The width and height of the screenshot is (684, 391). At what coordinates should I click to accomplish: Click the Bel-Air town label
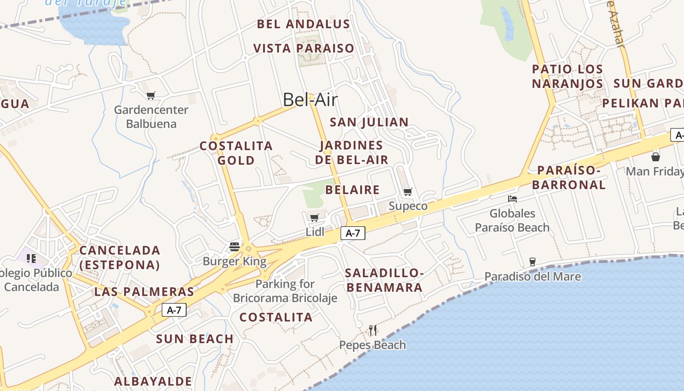(x=310, y=100)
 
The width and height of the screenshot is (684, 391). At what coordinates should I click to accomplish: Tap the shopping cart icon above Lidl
(x=314, y=217)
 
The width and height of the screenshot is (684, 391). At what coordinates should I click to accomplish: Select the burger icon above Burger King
(x=235, y=246)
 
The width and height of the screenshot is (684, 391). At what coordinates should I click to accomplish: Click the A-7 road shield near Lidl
(x=353, y=233)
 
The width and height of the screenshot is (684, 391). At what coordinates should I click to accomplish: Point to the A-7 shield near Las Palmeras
(x=174, y=309)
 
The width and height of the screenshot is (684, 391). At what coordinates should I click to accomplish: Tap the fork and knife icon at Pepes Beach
(x=373, y=330)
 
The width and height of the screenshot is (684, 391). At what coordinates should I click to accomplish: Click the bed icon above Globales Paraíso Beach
(x=512, y=198)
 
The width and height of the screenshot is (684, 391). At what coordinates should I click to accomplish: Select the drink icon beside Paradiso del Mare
(x=533, y=262)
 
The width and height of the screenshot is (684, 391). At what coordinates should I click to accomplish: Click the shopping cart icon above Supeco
(x=407, y=192)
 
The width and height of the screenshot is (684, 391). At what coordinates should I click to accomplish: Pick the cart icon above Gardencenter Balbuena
(x=151, y=95)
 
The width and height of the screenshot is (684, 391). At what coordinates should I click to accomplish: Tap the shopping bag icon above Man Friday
(x=655, y=157)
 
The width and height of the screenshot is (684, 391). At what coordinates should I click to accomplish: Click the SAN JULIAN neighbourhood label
(x=369, y=122)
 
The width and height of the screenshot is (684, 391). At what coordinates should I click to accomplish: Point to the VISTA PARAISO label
(x=303, y=48)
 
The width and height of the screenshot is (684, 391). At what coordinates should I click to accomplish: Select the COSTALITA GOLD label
(x=236, y=153)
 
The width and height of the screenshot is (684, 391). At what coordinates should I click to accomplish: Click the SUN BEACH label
(x=194, y=339)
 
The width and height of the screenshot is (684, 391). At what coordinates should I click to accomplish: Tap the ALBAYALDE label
(x=153, y=381)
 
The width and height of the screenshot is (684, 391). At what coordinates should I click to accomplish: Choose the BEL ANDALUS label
(x=303, y=24)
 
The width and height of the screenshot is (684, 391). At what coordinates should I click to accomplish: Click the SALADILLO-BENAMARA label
(x=384, y=280)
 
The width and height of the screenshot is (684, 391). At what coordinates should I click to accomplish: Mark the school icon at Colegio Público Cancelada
(x=31, y=258)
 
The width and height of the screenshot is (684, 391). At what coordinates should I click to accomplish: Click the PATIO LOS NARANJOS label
(x=567, y=76)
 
